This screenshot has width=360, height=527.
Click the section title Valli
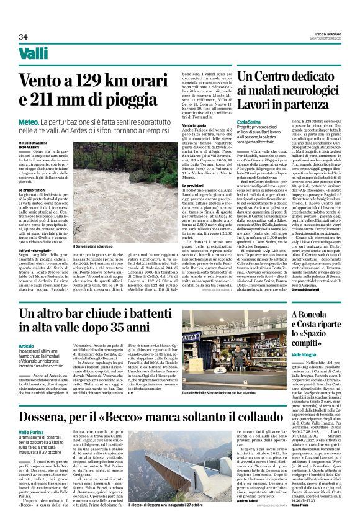(34, 55)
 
